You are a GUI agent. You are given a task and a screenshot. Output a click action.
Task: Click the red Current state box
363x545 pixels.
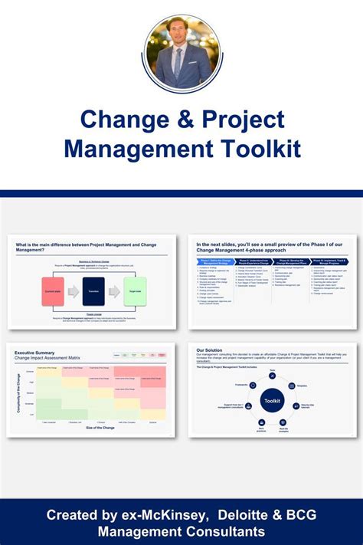coord(53,291)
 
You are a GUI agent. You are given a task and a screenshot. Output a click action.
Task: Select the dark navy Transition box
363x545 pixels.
coord(92,291)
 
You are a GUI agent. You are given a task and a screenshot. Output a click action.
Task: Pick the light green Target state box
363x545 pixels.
coord(134,292)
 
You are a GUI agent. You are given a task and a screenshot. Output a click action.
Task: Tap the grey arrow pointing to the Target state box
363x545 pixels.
coord(113,292)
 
